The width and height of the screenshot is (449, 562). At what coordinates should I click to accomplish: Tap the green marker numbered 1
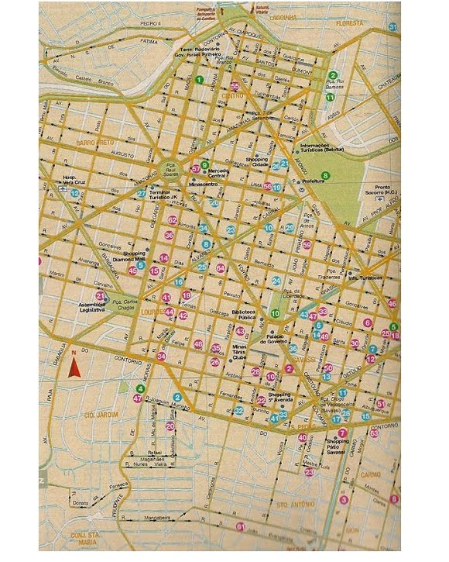(199, 79)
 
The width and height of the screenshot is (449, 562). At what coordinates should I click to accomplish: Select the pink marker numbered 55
(235, 86)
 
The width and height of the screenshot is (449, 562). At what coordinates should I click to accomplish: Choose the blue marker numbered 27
(141, 194)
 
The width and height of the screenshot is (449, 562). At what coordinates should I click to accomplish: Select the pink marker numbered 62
(173, 221)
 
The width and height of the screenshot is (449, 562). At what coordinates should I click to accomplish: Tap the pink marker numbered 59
(307, 246)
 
